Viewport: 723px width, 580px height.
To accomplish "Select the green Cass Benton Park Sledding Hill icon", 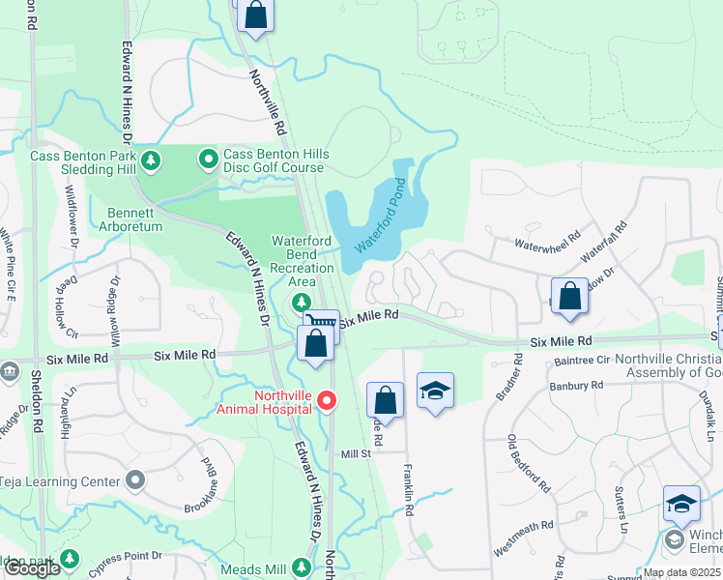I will tap(150, 159).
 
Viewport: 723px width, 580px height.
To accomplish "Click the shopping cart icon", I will tap(323, 325).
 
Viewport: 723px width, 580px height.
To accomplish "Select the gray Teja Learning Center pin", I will tap(134, 480).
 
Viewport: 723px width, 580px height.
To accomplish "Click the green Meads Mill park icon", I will tap(303, 567).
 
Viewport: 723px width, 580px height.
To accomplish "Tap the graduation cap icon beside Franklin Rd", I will tap(435, 391).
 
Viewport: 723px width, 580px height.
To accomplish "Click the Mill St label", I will tap(356, 454).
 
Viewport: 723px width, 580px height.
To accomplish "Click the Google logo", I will tap(32, 569).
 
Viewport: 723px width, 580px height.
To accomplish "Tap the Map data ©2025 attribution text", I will tap(681, 572).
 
